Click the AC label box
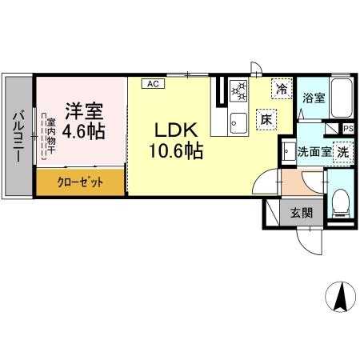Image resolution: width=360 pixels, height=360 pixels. [153, 84]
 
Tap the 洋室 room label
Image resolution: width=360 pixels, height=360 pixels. [84, 111]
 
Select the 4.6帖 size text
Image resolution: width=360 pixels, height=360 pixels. [83, 131]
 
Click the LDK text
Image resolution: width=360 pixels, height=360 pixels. [176, 130]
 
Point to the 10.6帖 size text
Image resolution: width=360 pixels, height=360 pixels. [176, 150]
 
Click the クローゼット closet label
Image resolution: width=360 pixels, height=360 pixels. [80, 182]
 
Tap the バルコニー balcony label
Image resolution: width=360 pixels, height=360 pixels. [18, 137]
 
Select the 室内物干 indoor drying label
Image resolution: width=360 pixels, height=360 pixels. [50, 136]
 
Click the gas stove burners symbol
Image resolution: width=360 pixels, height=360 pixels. [239, 91]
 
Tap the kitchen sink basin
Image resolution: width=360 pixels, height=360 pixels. [238, 123]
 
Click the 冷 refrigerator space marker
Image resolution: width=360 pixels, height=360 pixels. [282, 89]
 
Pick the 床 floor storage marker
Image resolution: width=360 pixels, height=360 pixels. [266, 120]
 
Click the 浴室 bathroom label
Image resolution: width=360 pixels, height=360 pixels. [314, 98]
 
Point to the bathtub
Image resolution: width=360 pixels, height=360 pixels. [342, 98]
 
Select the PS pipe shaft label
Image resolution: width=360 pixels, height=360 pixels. [348, 129]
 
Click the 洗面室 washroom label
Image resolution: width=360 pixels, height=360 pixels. [314, 152]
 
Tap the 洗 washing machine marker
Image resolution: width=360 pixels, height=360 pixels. [343, 152]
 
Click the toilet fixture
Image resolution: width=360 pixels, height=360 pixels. [341, 202]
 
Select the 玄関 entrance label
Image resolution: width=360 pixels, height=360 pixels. [302, 213]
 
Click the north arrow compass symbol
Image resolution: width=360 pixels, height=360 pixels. [341, 297]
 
